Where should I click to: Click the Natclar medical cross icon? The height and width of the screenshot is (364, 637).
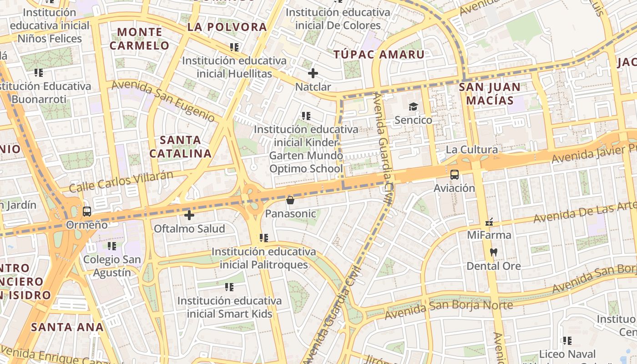point(313,73)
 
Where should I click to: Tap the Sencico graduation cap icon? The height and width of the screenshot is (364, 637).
point(413,106)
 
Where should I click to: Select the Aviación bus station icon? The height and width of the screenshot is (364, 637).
point(454,174)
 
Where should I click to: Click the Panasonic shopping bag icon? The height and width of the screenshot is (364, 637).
point(290,200)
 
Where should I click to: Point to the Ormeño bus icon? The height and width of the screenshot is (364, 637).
point(86,211)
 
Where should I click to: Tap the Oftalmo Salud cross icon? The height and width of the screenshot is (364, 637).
point(189,215)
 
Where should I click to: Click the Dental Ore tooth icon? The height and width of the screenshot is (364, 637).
point(493,252)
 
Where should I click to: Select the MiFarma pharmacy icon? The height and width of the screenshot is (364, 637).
point(489,222)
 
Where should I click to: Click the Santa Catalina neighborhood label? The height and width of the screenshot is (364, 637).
point(181,147)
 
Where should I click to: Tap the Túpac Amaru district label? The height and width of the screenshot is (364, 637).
point(379,55)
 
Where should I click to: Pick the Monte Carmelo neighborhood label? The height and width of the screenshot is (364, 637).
point(139,39)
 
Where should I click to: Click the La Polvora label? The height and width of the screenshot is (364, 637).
point(227,27)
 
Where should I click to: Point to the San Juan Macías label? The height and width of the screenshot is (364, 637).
point(489,94)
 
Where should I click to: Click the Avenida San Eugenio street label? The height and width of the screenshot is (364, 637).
point(163,101)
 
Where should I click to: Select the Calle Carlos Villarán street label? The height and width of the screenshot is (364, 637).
point(121,181)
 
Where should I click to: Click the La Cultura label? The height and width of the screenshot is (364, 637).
point(471,149)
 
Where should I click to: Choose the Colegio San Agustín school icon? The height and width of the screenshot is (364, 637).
point(112,246)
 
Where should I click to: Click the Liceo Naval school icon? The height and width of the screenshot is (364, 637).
point(567,340)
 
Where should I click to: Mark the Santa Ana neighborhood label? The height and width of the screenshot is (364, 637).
point(67,327)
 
